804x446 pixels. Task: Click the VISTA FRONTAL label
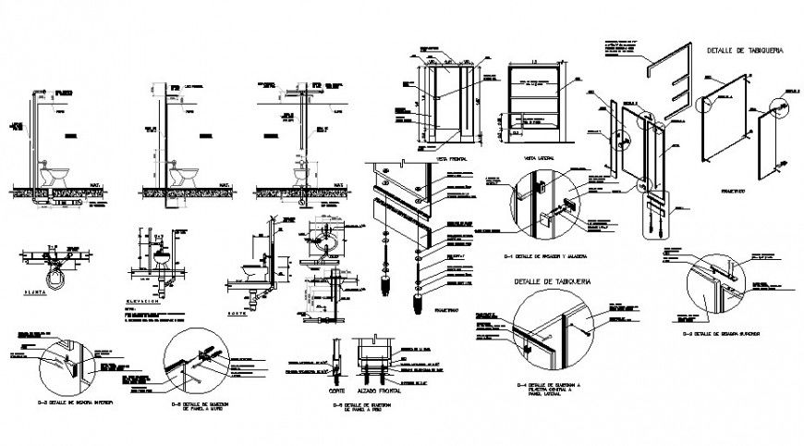point(448,159)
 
